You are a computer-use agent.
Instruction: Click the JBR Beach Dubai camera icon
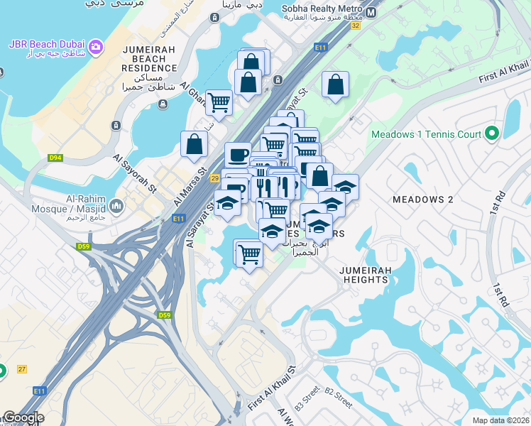coord(95,48)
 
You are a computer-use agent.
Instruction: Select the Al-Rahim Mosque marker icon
coord(116,206)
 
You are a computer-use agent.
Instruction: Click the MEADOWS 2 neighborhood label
coord(422,200)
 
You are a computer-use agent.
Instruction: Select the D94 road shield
coord(56,158)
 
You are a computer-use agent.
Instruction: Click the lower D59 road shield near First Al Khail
coord(165,315)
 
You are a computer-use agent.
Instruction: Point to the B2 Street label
coord(339,397)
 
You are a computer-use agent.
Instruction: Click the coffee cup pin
coord(238,154)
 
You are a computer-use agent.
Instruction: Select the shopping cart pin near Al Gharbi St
coord(219,102)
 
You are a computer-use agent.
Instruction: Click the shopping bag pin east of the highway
coord(336,84)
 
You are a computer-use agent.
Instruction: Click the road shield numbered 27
coord(21,369)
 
